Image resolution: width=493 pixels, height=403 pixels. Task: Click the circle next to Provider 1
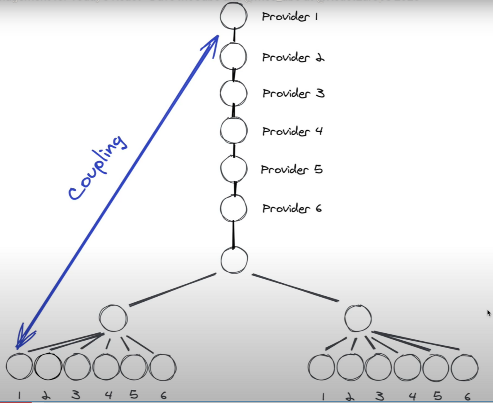[233, 16]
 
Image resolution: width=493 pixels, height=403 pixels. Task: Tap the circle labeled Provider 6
[233, 208]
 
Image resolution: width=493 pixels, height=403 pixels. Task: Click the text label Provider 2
[293, 57]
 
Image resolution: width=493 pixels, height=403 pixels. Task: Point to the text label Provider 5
[292, 170]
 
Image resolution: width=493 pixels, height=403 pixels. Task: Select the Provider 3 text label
[293, 93]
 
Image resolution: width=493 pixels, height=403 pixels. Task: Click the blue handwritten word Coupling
[97, 168]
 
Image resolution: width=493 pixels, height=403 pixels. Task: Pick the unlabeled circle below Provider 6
[234, 260]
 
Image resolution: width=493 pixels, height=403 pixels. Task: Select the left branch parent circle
[113, 318]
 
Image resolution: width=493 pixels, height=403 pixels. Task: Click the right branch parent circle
[358, 318]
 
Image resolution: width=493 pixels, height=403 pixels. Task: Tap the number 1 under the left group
[19, 395]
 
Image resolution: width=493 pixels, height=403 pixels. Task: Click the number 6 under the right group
[467, 396]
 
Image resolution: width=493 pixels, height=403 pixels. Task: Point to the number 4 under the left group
[109, 395]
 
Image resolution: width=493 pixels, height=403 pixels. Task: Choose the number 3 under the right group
[379, 396]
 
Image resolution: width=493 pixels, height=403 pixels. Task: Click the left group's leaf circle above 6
[163, 367]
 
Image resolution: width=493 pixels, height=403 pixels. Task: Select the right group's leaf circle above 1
[322, 367]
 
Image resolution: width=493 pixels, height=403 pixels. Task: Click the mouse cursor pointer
[489, 313]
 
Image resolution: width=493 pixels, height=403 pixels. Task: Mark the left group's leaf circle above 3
[77, 367]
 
